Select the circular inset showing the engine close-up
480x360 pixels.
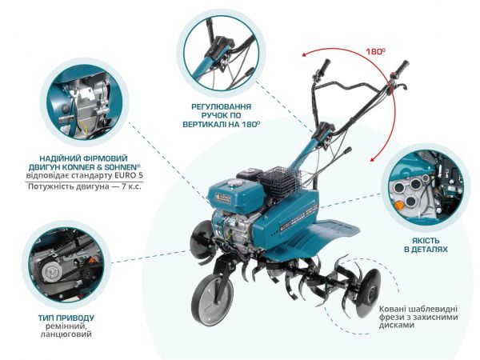(x=84, y=103)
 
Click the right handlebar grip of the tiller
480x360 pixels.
(x=398, y=67)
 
